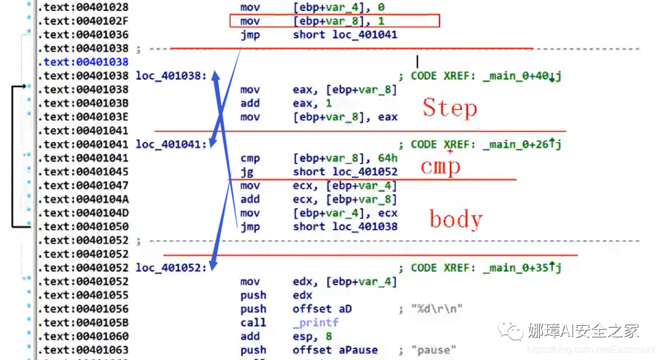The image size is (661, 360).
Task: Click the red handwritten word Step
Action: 449,108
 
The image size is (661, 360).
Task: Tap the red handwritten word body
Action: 455,219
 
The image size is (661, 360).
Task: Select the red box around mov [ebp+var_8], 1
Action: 335,21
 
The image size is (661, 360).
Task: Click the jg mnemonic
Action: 247,171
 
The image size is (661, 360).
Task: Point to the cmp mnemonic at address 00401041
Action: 250,158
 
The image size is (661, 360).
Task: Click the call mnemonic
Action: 253,323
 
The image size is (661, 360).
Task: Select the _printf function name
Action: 315,323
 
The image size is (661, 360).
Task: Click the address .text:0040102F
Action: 83,21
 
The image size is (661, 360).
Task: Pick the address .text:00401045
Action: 83,171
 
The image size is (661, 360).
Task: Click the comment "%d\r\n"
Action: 436,309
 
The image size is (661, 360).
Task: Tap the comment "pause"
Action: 434,350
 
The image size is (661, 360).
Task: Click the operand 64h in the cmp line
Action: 383,158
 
